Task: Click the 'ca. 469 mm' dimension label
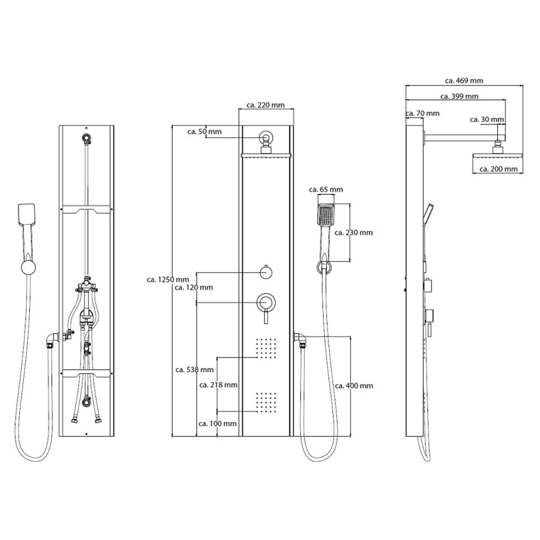[464, 81]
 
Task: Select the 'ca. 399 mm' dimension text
[459, 97]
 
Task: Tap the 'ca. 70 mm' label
[422, 113]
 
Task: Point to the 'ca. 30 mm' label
[487, 120]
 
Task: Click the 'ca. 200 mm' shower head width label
[498, 169]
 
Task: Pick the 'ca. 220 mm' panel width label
[266, 105]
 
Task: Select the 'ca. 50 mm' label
[205, 131]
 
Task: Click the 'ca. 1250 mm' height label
[168, 279]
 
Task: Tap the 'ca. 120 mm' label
[194, 287]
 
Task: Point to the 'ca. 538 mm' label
[195, 370]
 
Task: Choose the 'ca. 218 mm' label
[218, 384]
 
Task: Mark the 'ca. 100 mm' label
[218, 423]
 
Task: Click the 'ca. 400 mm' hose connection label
[354, 385]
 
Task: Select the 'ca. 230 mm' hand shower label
[354, 233]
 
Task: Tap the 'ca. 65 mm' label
[326, 189]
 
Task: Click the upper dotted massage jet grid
[266, 348]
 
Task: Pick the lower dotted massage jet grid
[266, 402]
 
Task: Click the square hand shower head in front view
[326, 215]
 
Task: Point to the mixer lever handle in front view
[266, 316]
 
